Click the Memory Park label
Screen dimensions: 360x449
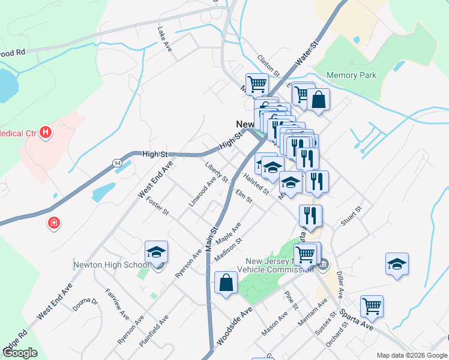pyautogui.click(x=351, y=76)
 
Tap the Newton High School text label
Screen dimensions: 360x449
pyautogui.click(x=112, y=265)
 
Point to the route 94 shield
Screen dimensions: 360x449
pyautogui.click(x=117, y=163)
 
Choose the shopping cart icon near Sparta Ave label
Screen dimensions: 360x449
pyautogui.click(x=372, y=307)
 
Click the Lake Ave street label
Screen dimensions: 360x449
pyautogui.click(x=164, y=38)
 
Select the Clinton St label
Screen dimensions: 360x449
pyautogui.click(x=269, y=65)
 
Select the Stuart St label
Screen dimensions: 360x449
pyautogui.click(x=352, y=216)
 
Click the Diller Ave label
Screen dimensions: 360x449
pyautogui.click(x=340, y=284)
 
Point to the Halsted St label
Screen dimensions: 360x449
pyautogui.click(x=256, y=184)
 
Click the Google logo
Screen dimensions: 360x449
pyautogui.click(x=20, y=353)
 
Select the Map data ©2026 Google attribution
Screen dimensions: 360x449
pyautogui.click(x=412, y=355)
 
